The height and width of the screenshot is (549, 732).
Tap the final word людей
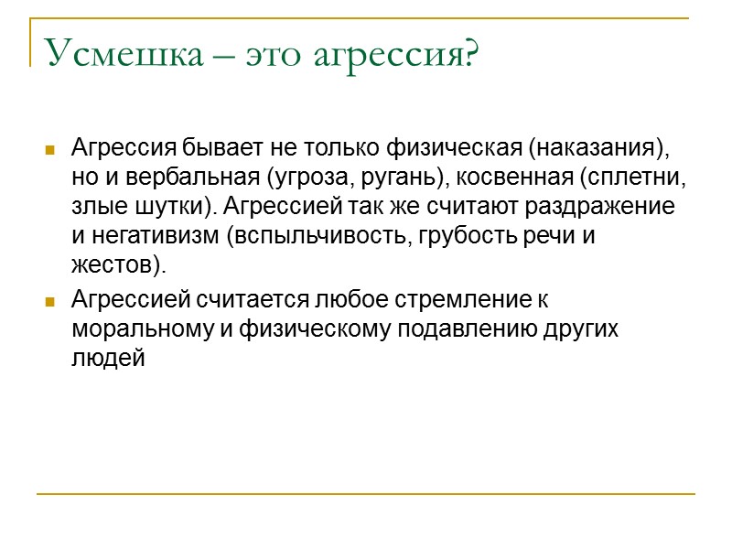[108, 358]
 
